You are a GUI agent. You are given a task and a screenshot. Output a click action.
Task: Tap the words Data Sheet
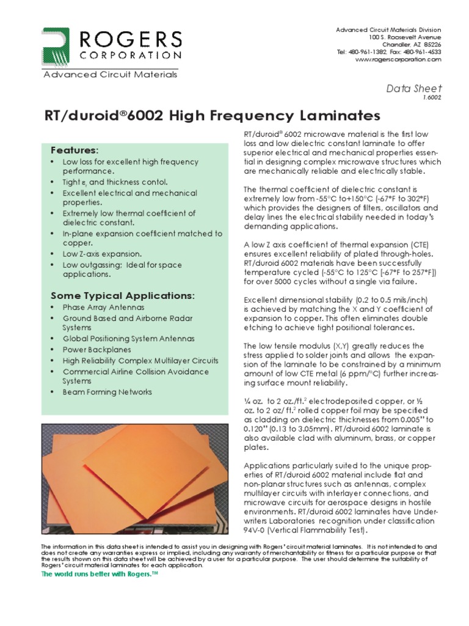click(x=414, y=88)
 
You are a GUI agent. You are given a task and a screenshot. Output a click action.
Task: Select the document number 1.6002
click(x=432, y=97)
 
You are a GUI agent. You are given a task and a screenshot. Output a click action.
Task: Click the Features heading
click(x=74, y=150)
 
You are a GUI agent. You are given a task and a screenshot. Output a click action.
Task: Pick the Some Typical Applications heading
click(x=122, y=296)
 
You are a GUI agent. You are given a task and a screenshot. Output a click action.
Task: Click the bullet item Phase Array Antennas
click(x=103, y=307)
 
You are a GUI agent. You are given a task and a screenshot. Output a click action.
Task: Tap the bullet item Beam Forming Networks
click(x=107, y=392)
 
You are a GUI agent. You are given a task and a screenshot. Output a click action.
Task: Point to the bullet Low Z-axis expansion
click(x=102, y=254)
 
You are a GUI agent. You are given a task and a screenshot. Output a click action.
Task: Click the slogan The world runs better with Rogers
click(x=99, y=576)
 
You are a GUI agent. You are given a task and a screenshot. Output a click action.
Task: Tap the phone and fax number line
click(x=388, y=52)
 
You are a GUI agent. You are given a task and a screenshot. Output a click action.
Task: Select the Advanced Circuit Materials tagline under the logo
click(x=109, y=75)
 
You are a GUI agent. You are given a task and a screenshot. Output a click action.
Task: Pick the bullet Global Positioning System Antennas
click(x=128, y=338)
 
